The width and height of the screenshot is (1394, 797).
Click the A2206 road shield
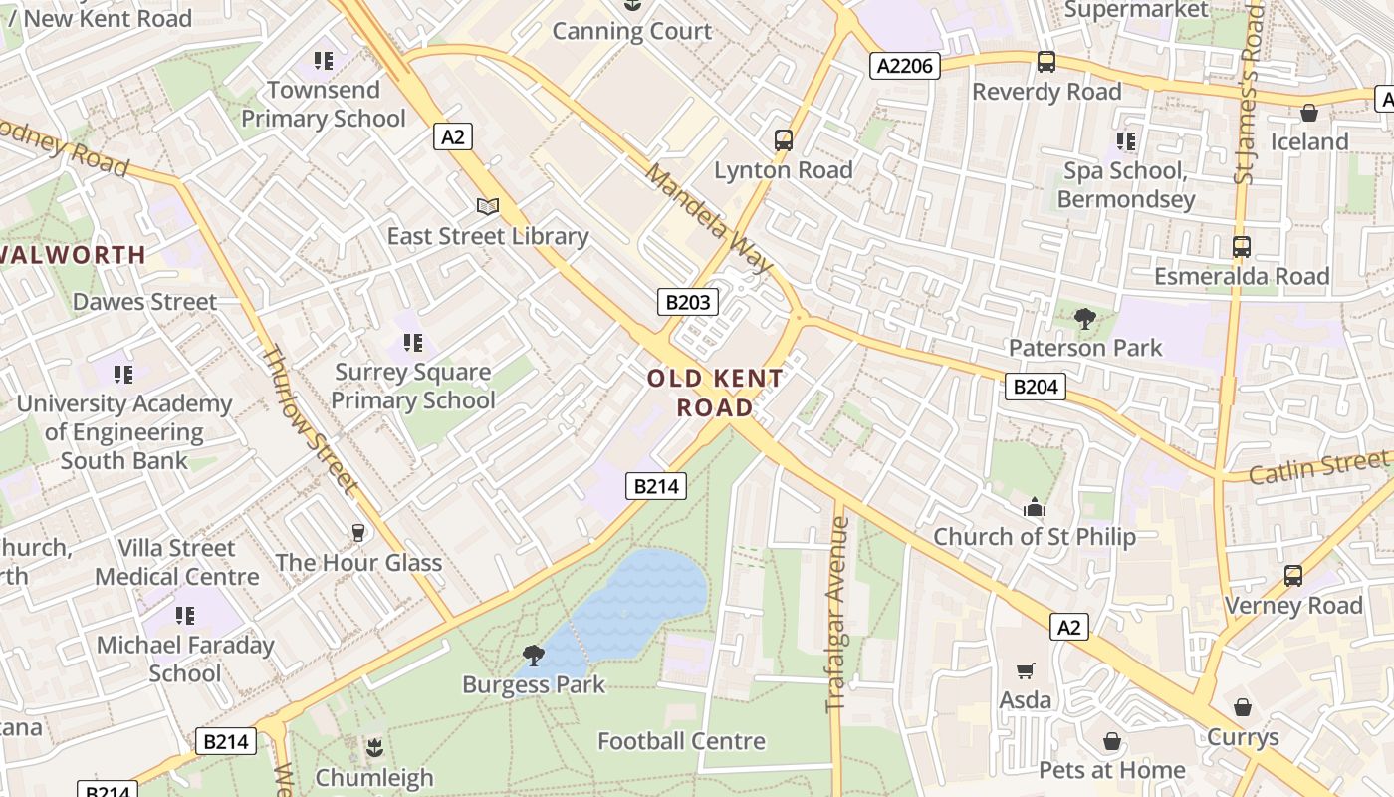click(904, 66)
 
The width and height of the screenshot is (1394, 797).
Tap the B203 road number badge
click(687, 302)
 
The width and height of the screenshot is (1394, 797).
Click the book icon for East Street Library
click(487, 206)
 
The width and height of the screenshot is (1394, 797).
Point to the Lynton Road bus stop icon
click(784, 140)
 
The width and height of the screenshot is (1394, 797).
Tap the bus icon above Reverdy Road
click(1045, 62)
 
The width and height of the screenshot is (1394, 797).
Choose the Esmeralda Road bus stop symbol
click(1241, 246)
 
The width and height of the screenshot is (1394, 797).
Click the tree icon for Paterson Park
click(1084, 319)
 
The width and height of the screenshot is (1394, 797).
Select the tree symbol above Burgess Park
click(534, 655)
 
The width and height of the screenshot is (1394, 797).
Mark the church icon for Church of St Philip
click(1035, 508)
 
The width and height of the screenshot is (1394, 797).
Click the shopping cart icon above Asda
click(1025, 671)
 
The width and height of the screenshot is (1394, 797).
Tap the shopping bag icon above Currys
click(1242, 707)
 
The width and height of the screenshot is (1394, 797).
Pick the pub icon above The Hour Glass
click(358, 533)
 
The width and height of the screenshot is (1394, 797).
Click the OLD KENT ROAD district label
click(715, 393)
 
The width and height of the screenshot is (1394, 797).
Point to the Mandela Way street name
click(708, 219)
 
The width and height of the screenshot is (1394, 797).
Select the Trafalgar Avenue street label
click(836, 614)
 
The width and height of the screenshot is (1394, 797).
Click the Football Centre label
click(681, 741)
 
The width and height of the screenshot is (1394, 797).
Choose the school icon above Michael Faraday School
click(184, 615)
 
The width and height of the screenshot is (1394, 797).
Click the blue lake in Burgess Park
click(637, 598)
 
